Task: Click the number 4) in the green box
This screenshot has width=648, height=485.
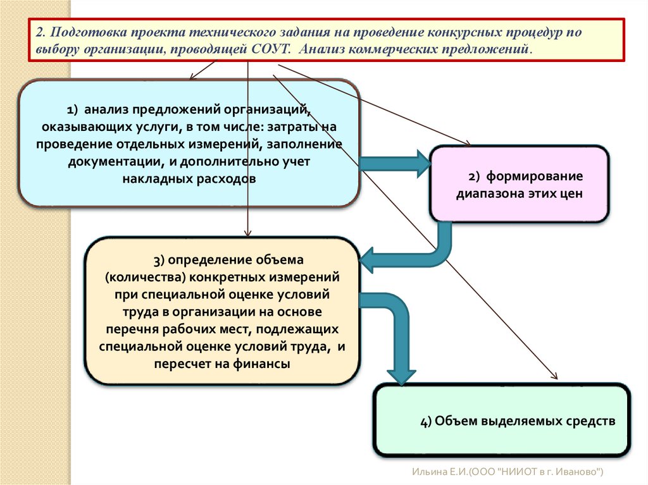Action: [x=426, y=421]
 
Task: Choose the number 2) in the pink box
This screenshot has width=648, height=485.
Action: [x=475, y=176]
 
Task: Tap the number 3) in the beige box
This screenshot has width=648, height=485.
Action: [x=158, y=259]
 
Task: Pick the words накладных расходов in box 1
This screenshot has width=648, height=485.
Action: [x=189, y=178]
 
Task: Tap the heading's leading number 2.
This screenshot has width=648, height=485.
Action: [x=39, y=32]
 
